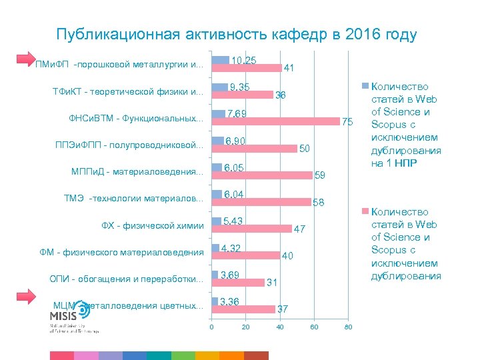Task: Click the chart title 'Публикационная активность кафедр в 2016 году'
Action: coord(237,35)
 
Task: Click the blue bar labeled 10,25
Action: coord(220,61)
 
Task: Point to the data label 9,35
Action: coord(239,87)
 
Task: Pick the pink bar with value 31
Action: coord(238,282)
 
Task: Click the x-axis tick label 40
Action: coord(279,327)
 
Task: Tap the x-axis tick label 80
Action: coord(347,327)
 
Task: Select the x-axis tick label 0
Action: coord(211,327)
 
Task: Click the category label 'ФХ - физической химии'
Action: coord(152,225)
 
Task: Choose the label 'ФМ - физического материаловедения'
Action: coord(122,252)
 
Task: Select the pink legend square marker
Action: coord(365,211)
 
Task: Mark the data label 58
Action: coord(319,202)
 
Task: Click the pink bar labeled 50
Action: coord(254,148)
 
